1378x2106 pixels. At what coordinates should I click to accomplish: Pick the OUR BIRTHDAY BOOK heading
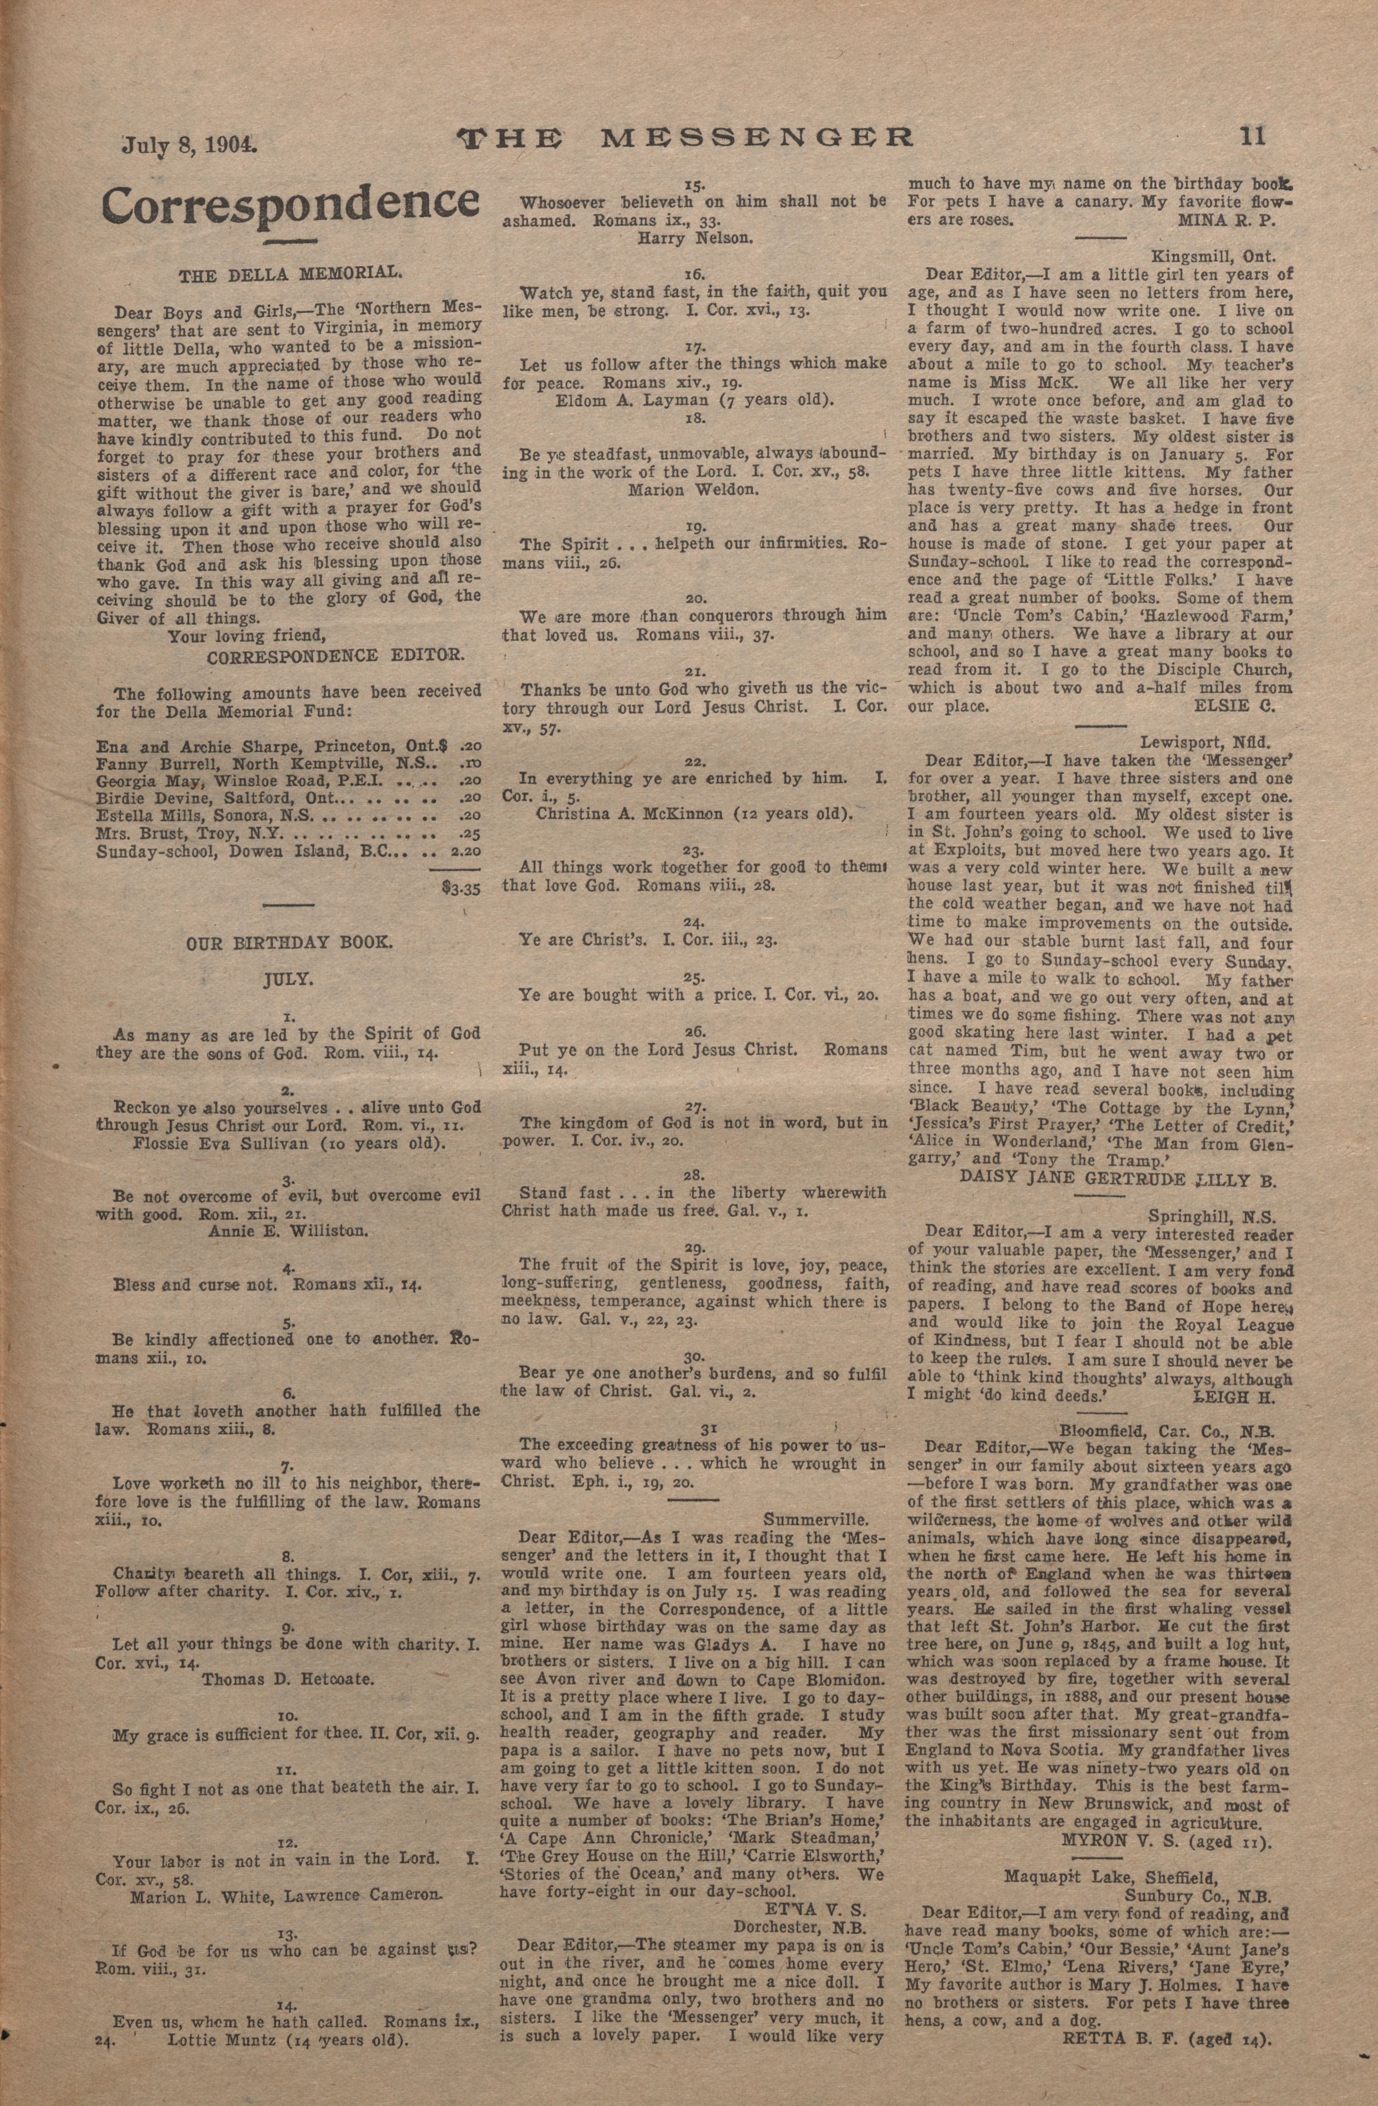(x=287, y=943)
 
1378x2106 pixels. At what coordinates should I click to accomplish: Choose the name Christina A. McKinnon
(x=695, y=813)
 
